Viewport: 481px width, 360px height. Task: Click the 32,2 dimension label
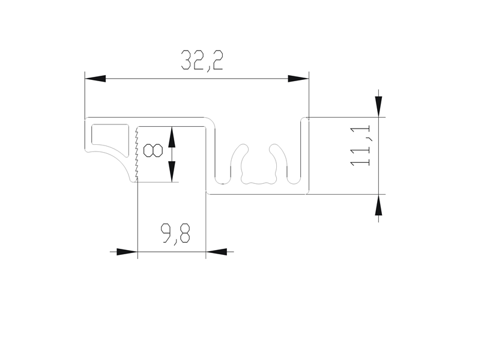tap(202, 60)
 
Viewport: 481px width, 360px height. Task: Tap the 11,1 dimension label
tap(361, 146)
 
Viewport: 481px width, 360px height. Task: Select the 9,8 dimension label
tap(175, 234)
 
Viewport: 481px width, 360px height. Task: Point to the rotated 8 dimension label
tap(153, 151)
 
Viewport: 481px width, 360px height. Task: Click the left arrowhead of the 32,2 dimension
tap(95, 79)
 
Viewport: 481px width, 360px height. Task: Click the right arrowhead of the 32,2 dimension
tap(298, 79)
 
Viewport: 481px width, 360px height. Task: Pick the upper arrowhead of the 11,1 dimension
tap(378, 106)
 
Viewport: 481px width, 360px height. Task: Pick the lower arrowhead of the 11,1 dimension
tap(378, 205)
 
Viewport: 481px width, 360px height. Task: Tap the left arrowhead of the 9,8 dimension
tap(127, 252)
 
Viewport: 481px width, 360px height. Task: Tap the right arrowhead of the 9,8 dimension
tap(216, 252)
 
